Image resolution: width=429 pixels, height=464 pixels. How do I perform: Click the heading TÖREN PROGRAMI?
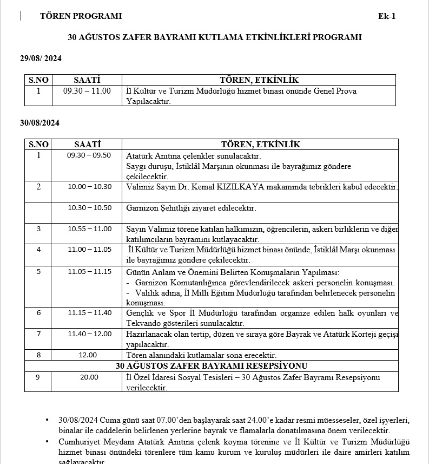coord(81,16)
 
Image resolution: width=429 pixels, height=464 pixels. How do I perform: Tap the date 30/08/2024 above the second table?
coord(39,122)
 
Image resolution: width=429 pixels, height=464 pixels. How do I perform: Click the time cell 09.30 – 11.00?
coord(87,91)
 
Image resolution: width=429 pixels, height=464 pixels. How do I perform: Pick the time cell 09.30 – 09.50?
coord(89,155)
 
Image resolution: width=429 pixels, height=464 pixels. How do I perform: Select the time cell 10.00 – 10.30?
coord(89,187)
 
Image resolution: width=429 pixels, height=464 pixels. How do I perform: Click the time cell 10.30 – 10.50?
coord(89,207)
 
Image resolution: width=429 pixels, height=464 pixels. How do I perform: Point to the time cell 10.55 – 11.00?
coord(89,228)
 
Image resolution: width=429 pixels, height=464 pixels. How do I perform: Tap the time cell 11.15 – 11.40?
coord(89,312)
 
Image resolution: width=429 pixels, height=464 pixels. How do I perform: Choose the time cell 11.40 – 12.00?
coord(89,334)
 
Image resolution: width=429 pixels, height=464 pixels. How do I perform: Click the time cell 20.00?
coord(89,377)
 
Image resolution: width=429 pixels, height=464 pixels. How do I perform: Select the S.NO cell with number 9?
coord(38,377)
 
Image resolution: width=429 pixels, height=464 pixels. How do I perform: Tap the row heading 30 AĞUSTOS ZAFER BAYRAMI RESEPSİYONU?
coord(212,366)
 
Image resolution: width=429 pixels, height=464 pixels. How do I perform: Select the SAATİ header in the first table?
coord(87,80)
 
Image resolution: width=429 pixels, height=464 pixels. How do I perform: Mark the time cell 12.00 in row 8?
coord(88,355)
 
